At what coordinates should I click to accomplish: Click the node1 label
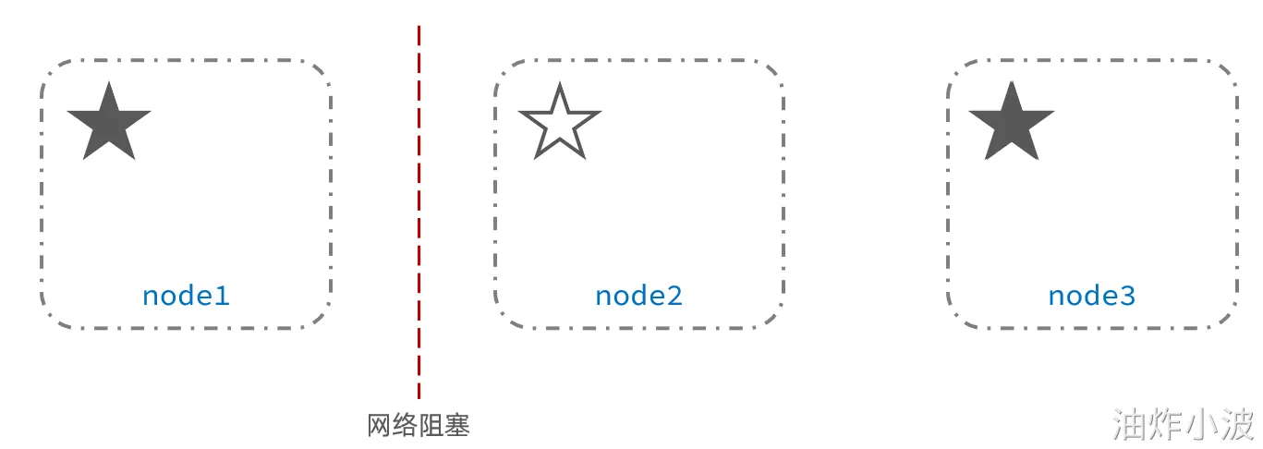tap(186, 296)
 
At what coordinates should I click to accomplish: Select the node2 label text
tap(638, 296)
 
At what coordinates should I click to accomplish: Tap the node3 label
tap(1091, 296)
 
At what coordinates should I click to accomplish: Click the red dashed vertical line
tap(419, 212)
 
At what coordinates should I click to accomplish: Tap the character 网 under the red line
tap(380, 426)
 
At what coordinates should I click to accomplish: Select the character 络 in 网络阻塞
tap(406, 426)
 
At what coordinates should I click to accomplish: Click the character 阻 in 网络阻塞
tap(431, 426)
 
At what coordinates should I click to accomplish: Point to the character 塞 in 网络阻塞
tap(457, 426)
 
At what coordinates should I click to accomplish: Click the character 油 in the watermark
tap(1129, 424)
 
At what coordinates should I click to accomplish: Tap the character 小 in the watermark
tap(1201, 424)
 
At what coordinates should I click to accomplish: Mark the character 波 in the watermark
tap(1237, 424)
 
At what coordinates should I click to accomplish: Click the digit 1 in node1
tap(221, 296)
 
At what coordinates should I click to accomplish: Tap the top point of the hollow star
tap(560, 86)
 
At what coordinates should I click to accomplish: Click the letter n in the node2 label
tap(602, 297)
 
